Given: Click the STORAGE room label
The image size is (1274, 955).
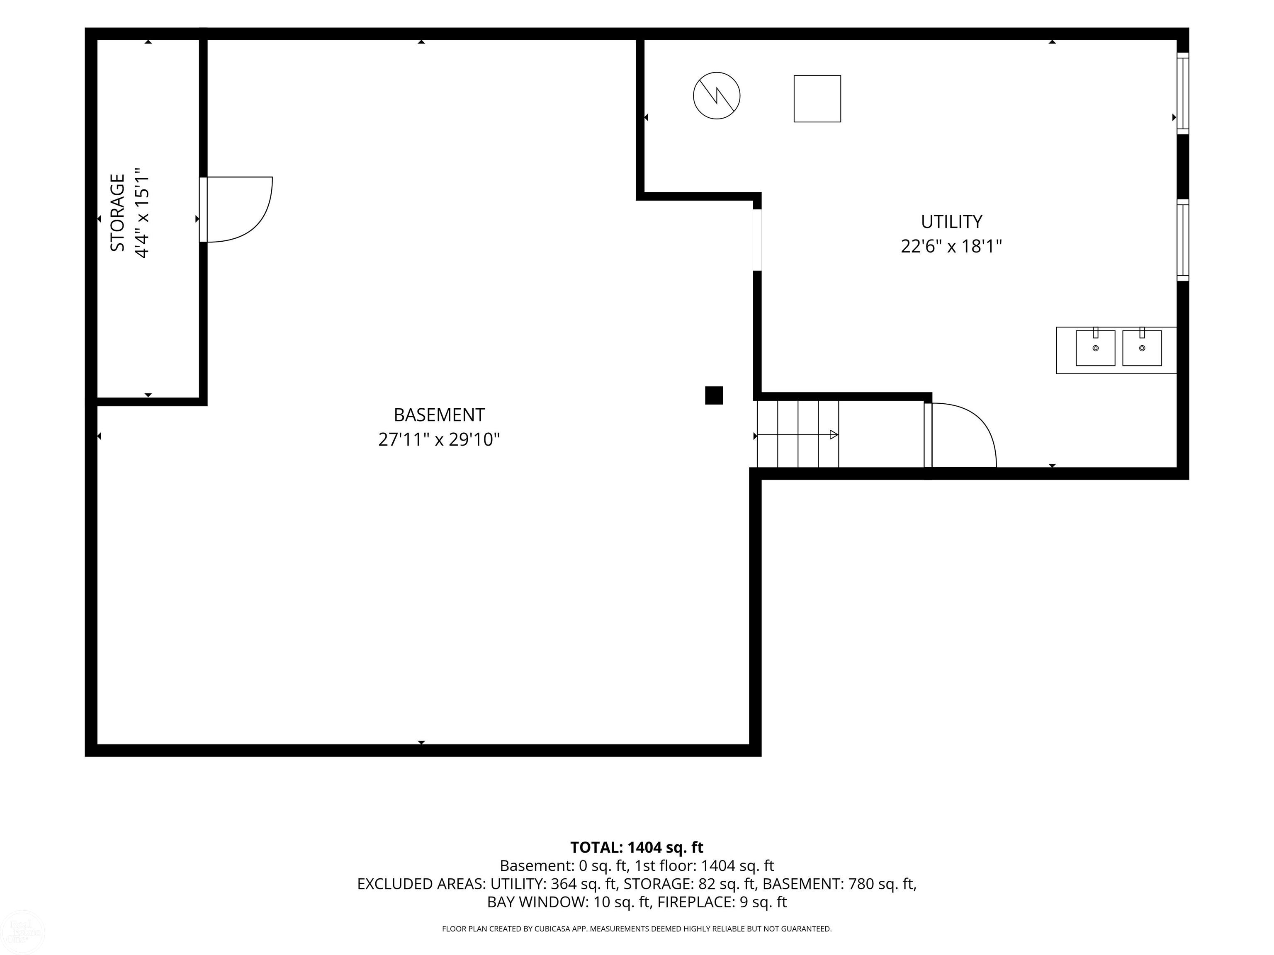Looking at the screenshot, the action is (x=117, y=213).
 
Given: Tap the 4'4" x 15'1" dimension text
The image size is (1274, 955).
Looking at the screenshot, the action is (x=142, y=213).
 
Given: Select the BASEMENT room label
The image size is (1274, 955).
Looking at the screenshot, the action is (x=439, y=414).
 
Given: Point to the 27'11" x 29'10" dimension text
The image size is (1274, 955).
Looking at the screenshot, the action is (x=439, y=440).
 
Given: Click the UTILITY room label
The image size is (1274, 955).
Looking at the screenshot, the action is (x=951, y=222).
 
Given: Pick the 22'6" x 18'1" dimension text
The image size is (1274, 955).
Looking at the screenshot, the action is (x=951, y=246).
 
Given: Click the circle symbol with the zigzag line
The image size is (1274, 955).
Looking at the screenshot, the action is (x=717, y=96).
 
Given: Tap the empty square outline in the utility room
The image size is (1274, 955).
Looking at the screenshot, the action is (x=817, y=98).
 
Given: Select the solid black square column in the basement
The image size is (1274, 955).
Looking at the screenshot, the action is (x=714, y=395).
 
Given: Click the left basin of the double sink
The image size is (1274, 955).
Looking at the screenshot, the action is (x=1095, y=348).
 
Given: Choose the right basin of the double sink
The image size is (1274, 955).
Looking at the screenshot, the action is (x=1142, y=348).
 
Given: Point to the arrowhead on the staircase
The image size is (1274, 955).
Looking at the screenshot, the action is (x=834, y=435).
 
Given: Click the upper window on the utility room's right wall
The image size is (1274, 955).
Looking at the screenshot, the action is (x=1182, y=93).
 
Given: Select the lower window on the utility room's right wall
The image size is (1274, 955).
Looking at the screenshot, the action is (x=1182, y=240).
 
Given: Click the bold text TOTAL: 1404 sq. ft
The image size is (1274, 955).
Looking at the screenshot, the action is (x=637, y=847).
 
